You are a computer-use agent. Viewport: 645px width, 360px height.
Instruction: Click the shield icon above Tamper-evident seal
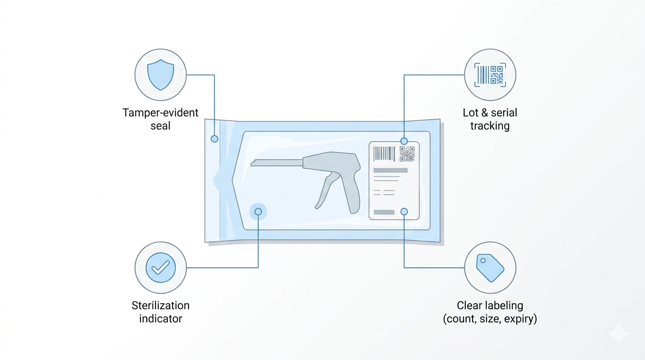click(x=160, y=75)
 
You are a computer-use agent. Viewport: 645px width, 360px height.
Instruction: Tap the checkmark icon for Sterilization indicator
click(x=160, y=268)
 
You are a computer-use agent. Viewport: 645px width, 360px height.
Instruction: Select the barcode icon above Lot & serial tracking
click(x=490, y=75)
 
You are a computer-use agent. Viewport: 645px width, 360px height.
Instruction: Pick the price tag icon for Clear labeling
click(x=490, y=268)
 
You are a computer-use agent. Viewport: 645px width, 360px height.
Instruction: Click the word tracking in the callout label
click(x=490, y=126)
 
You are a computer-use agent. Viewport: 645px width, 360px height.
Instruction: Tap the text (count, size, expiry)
click(x=490, y=319)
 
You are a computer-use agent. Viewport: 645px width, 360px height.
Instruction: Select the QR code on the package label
click(x=407, y=154)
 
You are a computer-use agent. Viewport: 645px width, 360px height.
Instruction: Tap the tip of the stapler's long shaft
click(x=253, y=164)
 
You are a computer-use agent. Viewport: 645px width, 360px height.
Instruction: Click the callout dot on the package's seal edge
click(x=214, y=139)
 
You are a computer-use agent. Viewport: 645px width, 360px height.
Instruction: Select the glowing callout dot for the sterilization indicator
click(x=258, y=212)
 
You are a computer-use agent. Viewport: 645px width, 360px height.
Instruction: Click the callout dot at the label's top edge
click(x=404, y=141)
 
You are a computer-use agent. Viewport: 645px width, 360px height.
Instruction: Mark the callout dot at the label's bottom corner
click(x=404, y=212)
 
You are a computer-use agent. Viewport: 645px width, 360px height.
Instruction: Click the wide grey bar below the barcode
click(x=390, y=170)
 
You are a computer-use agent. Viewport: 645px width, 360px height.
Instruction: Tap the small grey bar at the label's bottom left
click(x=384, y=212)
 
